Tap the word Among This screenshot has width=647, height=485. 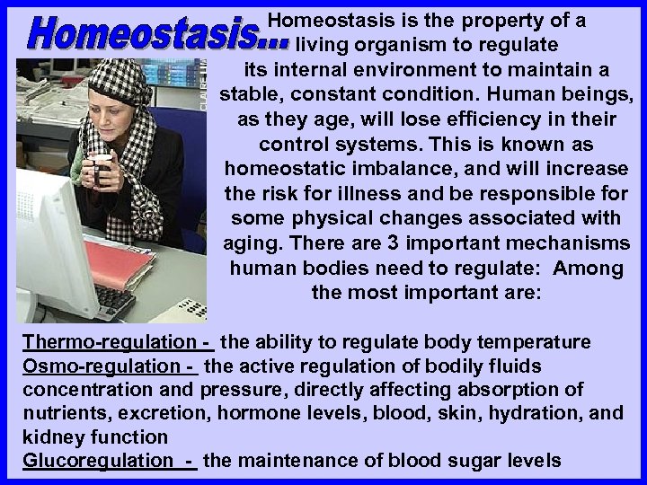click(x=589, y=269)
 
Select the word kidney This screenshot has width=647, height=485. click(x=49, y=437)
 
